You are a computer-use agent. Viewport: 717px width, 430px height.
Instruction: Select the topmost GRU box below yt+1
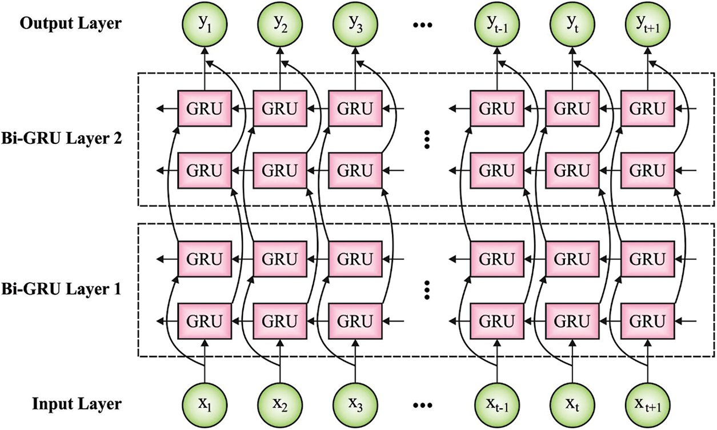pos(648,108)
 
